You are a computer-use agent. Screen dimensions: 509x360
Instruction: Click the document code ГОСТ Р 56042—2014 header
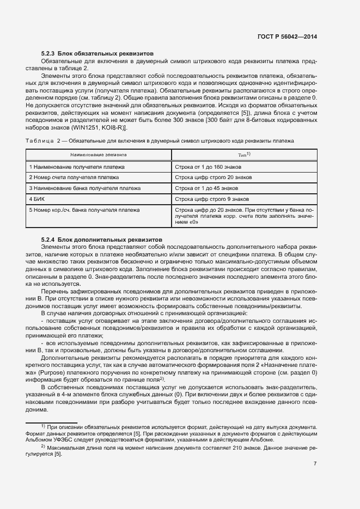(x=287, y=37)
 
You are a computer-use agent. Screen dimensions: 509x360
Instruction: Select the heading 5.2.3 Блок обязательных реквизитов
(x=97, y=54)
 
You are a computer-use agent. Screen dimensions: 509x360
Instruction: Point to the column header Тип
(x=244, y=155)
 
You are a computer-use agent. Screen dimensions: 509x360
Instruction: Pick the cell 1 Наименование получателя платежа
(x=77, y=167)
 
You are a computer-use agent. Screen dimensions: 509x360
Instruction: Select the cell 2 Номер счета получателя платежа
(x=74, y=177)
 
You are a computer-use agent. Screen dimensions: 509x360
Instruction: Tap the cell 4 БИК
(x=36, y=199)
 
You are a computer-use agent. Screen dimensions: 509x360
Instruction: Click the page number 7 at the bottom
(x=315, y=464)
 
